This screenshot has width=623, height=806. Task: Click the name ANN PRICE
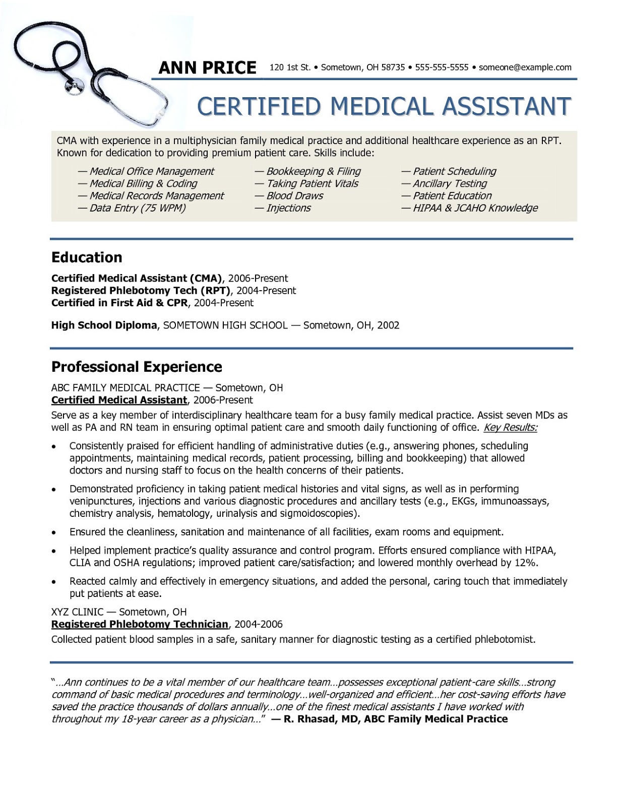207,68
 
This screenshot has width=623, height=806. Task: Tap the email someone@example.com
525,68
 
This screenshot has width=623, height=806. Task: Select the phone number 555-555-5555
442,68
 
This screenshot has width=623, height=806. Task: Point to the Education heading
87,257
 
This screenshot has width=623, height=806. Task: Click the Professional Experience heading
137,367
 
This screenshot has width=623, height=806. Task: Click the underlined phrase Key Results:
510,428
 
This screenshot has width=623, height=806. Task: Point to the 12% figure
527,563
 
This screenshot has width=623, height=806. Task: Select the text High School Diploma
104,325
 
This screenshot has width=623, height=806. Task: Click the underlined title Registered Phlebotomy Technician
140,625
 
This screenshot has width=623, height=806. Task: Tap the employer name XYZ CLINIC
77,612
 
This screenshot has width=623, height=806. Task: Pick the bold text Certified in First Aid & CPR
119,303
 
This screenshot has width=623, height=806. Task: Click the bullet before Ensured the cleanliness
54,532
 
